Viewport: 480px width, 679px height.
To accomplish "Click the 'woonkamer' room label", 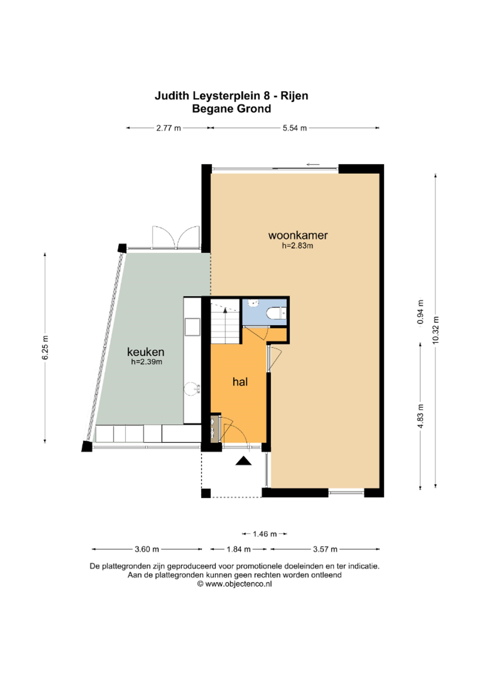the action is point(298,235).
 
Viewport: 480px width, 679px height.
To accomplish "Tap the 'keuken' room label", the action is point(146,352).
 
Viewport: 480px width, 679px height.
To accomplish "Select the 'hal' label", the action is point(240,382).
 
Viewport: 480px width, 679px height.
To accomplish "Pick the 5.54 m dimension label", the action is point(295,128).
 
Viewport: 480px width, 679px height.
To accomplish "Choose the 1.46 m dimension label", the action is point(264,534).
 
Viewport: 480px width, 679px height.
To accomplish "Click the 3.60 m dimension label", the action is point(147,549).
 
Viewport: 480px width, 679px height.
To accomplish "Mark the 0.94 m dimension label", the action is point(420,312).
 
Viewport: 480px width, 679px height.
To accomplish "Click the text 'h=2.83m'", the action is point(297,246).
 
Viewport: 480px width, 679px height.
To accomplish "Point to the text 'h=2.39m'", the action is point(147,362).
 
